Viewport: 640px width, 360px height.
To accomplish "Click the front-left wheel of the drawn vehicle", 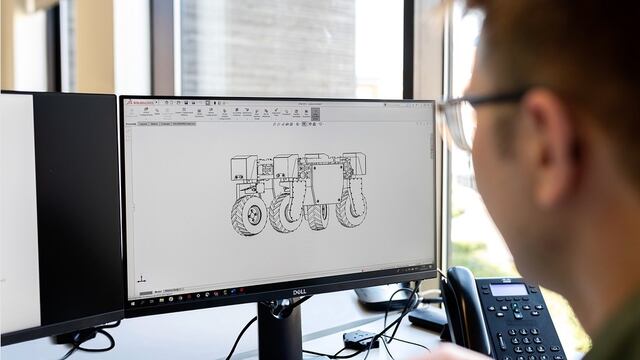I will (x=249, y=215).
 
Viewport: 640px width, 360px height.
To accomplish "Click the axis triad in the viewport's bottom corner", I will (x=142, y=279).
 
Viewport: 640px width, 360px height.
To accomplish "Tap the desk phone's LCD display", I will (x=507, y=290).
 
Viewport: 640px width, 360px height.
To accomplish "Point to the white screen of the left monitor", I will (x=17, y=210).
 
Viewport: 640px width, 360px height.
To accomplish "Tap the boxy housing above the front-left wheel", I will (x=244, y=167).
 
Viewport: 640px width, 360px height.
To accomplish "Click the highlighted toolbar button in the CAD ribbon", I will (x=315, y=114).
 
